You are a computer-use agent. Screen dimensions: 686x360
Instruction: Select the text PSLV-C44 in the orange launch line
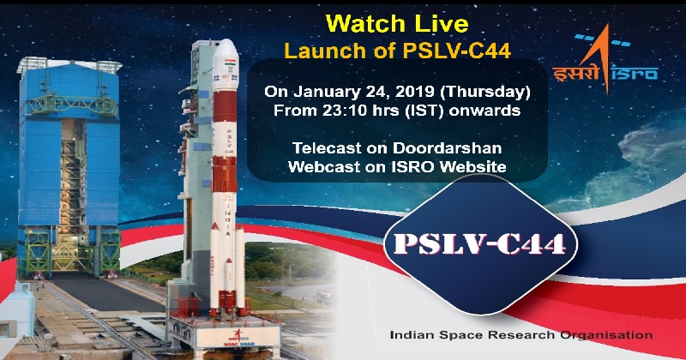point(456,51)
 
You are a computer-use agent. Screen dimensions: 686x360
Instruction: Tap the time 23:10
point(324,111)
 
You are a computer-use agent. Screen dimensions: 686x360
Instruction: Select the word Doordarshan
point(447,147)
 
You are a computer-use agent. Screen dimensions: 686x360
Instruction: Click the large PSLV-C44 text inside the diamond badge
point(480,244)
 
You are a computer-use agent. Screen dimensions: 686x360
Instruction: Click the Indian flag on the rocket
point(229,63)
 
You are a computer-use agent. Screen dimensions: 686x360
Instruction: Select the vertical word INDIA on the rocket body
point(227,217)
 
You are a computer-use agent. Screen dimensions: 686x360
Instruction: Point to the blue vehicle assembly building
point(69,166)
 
